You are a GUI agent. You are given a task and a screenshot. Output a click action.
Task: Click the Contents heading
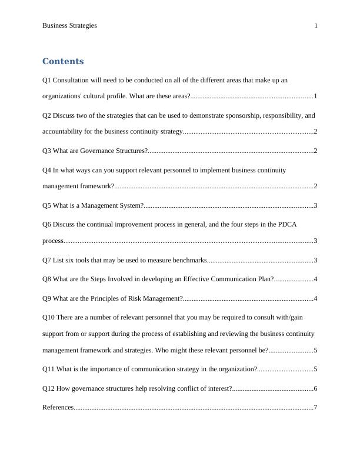click(x=63, y=62)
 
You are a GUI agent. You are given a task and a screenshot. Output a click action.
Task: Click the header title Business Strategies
click(x=69, y=26)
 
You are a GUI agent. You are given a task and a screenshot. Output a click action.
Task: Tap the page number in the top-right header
click(x=316, y=26)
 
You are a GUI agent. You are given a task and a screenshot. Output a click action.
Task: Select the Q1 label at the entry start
click(x=46, y=79)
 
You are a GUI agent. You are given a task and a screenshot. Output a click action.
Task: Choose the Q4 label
click(x=46, y=170)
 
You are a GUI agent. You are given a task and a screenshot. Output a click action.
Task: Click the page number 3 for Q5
click(x=316, y=206)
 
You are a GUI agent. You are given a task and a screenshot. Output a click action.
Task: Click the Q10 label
click(x=48, y=318)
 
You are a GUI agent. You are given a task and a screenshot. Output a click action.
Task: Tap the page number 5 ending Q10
click(x=316, y=351)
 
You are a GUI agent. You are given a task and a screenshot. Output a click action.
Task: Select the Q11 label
click(x=48, y=370)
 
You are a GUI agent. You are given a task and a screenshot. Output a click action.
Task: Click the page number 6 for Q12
click(x=316, y=389)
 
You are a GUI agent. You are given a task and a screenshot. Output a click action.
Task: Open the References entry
click(x=58, y=408)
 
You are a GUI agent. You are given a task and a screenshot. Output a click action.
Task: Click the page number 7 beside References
click(x=316, y=408)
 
